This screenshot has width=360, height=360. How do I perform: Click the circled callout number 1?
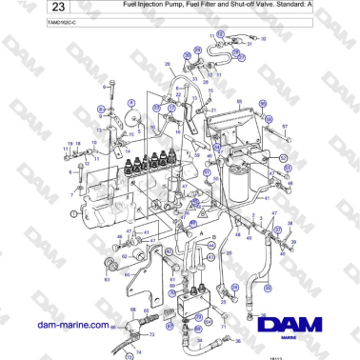(72, 214)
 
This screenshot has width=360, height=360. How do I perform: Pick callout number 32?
(264, 39)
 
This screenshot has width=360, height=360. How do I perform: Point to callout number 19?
(69, 144)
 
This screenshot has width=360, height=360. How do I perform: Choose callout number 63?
(106, 280)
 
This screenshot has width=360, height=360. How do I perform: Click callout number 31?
(249, 44)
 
